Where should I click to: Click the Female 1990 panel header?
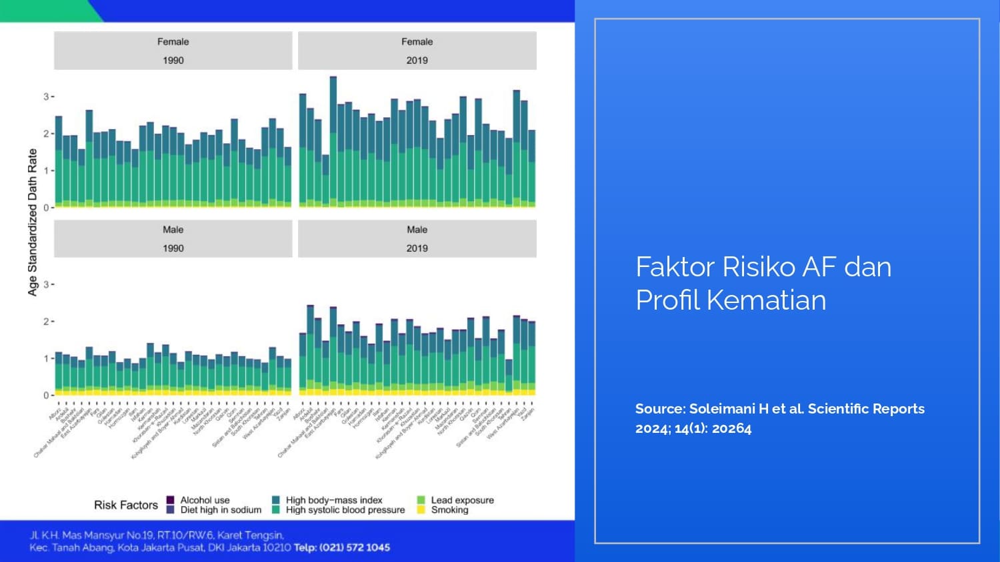173,51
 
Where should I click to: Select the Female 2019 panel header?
417,51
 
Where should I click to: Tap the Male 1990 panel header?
173,238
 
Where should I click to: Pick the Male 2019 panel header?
417,238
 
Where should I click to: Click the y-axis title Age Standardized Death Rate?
33,222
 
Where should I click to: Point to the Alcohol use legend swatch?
171,500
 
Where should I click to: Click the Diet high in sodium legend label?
221,510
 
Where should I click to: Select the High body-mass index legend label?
334,500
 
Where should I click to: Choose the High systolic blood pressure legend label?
345,510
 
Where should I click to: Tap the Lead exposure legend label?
462,500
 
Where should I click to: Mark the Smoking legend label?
449,510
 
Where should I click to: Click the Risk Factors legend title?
125,505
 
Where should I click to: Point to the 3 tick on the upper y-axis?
46,97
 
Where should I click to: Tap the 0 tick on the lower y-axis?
46,396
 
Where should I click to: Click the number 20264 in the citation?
731,428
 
